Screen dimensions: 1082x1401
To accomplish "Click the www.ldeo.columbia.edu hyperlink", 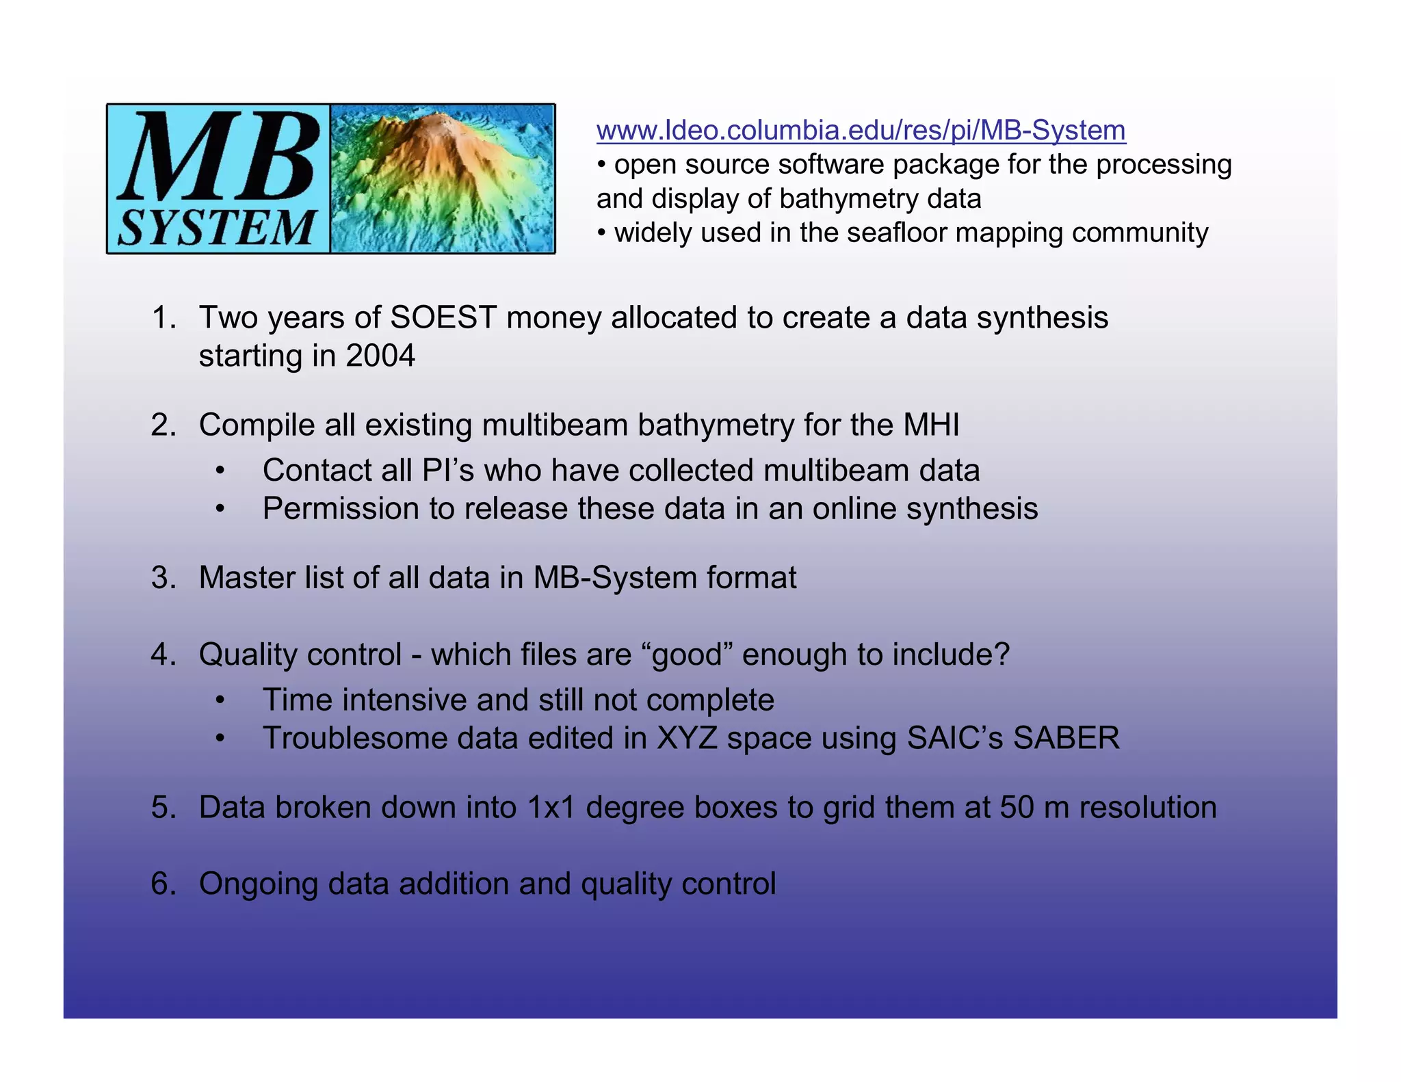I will point(861,130).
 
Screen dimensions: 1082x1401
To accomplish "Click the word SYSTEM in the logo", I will point(217,228).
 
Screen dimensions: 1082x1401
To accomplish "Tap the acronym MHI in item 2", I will point(930,425).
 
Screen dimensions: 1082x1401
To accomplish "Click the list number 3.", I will point(162,578).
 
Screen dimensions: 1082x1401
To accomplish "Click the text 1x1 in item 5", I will point(551,808).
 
